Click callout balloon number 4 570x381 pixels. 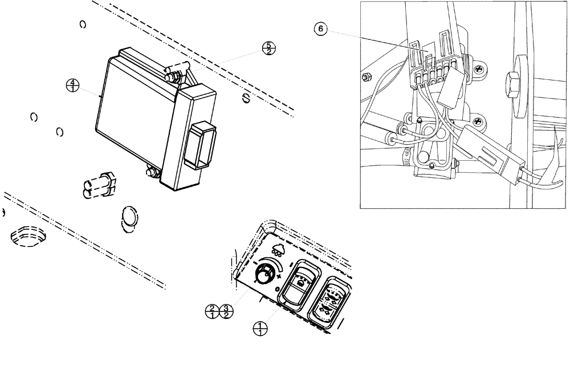(x=72, y=86)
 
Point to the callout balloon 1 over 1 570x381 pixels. (x=260, y=328)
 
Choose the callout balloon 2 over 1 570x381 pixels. (x=212, y=311)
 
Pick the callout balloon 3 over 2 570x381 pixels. (x=226, y=311)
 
